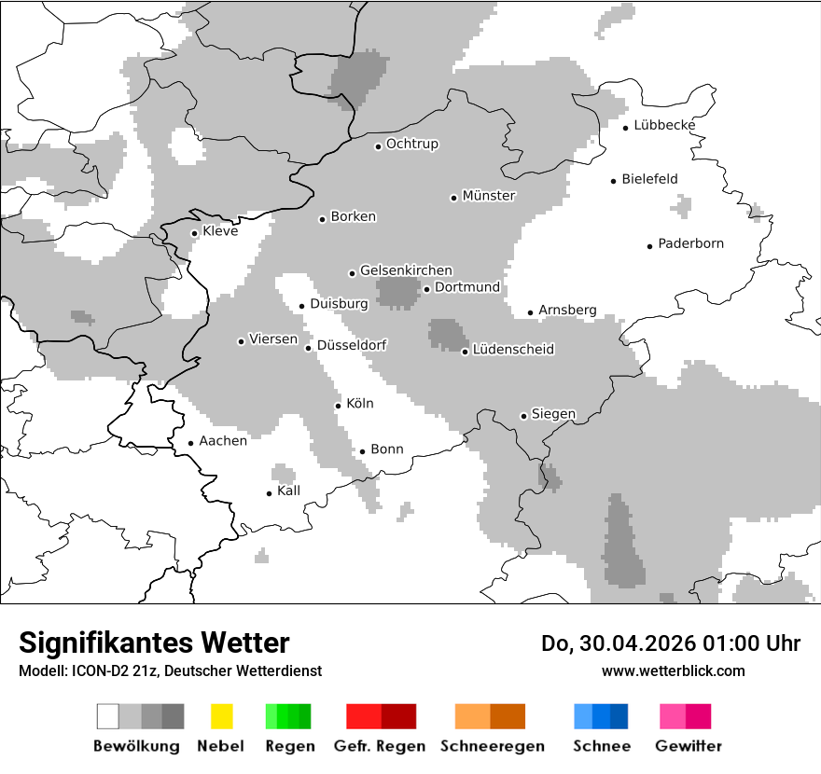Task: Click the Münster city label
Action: [489, 196]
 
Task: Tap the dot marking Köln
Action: [339, 406]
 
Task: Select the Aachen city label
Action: [223, 441]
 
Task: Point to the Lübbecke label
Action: [664, 126]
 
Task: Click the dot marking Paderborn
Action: [650, 246]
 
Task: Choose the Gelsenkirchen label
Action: [406, 270]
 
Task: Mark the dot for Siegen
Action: [523, 417]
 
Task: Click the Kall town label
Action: [288, 491]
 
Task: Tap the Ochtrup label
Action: [412, 145]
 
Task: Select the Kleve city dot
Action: [195, 233]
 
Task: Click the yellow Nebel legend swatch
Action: [221, 716]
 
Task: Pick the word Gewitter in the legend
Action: [689, 746]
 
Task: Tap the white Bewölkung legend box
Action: [108, 716]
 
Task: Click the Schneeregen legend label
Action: [493, 746]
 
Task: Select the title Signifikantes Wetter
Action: [154, 643]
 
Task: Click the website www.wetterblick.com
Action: [673, 670]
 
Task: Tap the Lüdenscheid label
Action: [513, 350]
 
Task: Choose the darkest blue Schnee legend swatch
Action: [619, 716]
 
